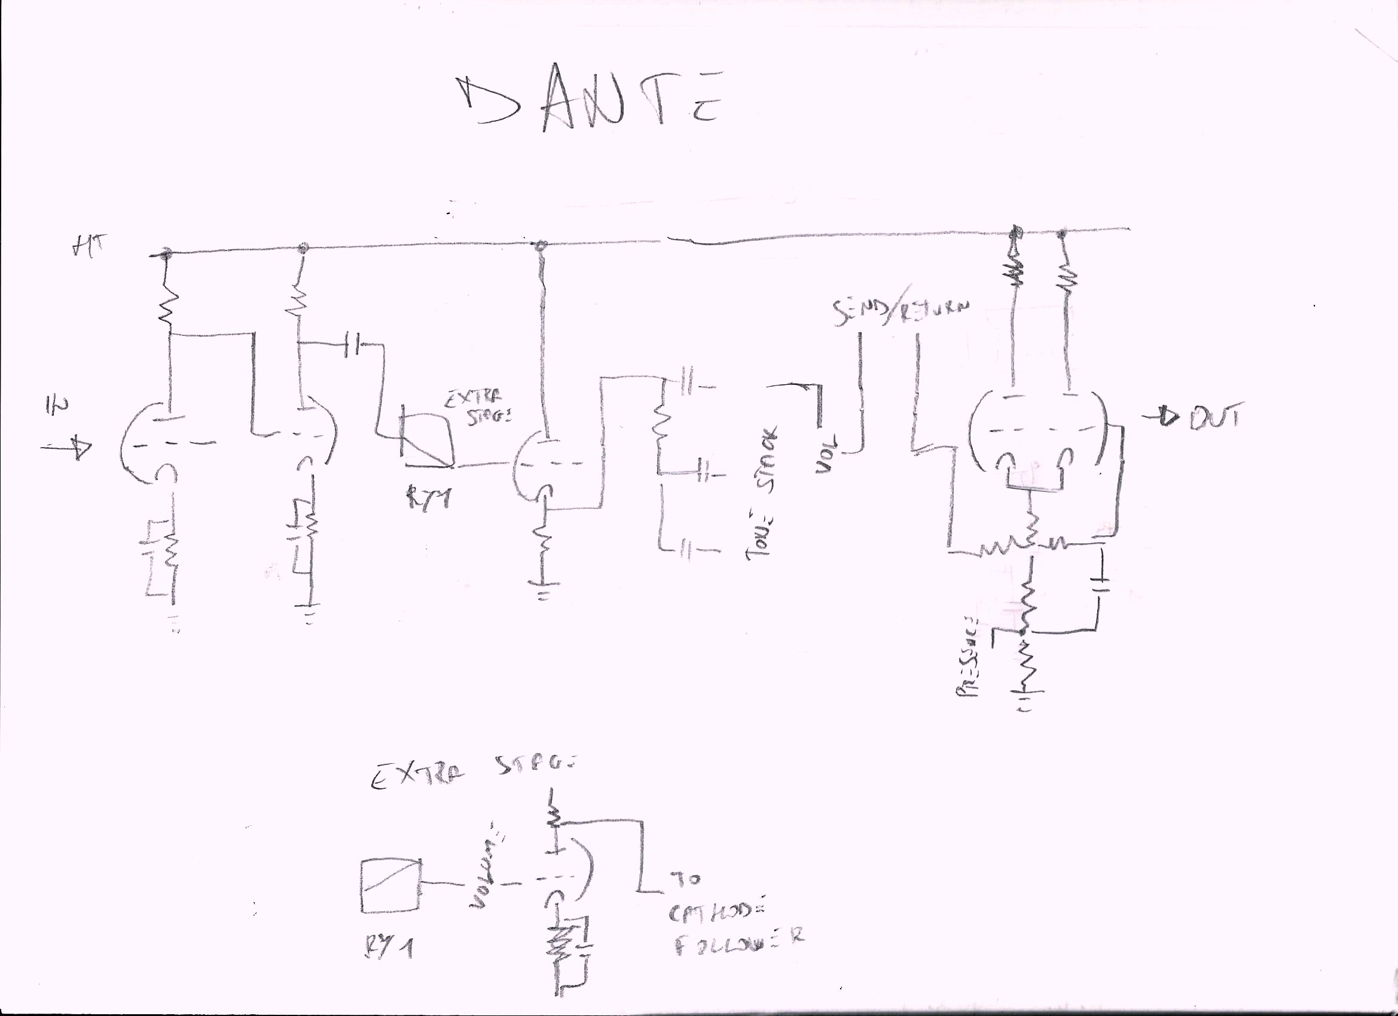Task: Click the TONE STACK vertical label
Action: click(x=764, y=493)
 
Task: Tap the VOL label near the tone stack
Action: click(x=826, y=454)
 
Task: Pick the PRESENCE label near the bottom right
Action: click(x=967, y=657)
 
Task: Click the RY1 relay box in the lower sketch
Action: click(x=391, y=885)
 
